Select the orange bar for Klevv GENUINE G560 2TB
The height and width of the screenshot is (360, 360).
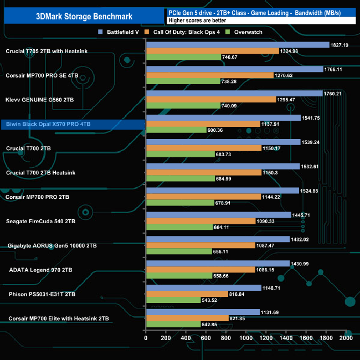210,99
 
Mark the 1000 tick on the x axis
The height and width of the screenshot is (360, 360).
246,337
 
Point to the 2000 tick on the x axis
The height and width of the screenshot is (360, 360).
345,337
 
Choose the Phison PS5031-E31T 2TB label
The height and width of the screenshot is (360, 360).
41,294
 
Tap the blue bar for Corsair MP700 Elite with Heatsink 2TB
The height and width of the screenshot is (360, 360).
202,312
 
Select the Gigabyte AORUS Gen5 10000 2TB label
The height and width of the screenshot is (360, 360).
53,245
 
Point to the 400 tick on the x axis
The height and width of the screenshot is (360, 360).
186,337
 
